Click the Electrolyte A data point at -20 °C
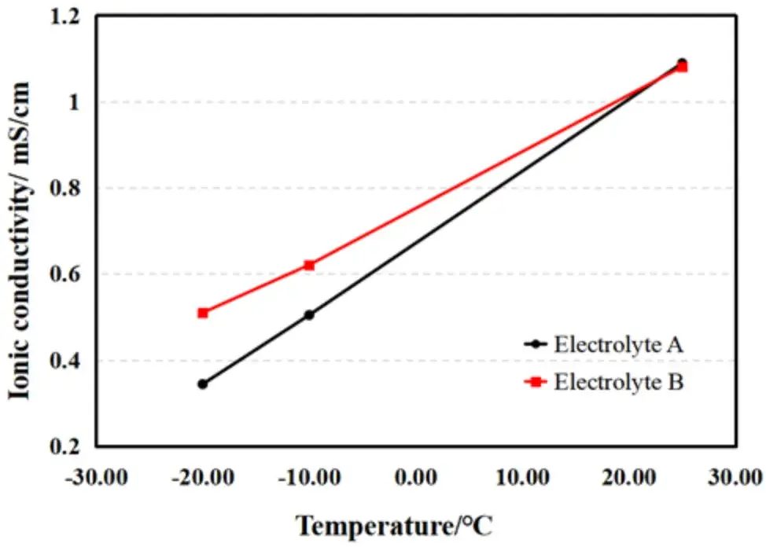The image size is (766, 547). pos(202,384)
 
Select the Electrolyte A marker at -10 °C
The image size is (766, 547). pos(309,314)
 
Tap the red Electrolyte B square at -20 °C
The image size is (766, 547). pos(202,313)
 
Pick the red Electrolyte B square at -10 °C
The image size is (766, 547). pos(309,265)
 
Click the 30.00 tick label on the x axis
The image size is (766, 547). pos(737,476)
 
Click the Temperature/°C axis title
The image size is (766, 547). pos(394,525)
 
